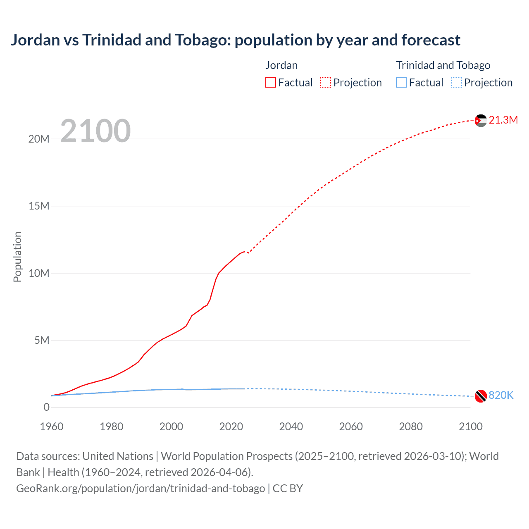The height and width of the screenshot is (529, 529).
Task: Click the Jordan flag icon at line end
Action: [x=481, y=121]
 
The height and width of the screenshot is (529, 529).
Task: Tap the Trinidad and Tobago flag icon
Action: [x=481, y=396]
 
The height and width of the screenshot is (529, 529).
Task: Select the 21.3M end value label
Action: [x=503, y=120]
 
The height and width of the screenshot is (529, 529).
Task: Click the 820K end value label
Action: [x=501, y=395]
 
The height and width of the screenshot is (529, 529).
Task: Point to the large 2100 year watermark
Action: [x=95, y=131]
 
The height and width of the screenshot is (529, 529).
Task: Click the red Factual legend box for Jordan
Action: [x=271, y=83]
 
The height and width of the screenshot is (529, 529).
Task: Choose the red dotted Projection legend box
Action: [x=326, y=83]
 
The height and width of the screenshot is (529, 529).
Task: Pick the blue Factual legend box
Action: [x=401, y=83]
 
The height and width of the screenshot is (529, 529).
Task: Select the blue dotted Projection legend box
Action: [x=457, y=83]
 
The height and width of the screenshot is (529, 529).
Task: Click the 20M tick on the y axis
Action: [x=39, y=139]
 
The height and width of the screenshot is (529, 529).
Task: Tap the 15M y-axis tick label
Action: [x=39, y=206]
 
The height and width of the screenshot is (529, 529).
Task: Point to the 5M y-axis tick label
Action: [x=42, y=340]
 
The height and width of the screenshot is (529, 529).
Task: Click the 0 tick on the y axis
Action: [x=47, y=407]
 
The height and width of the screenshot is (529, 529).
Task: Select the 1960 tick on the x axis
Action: [x=52, y=427]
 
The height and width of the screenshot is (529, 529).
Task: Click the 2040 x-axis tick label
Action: [x=291, y=427]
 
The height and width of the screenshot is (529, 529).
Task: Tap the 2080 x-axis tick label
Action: [x=411, y=427]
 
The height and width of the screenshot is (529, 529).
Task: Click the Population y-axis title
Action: [x=17, y=257]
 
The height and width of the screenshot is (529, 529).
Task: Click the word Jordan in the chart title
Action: [x=36, y=40]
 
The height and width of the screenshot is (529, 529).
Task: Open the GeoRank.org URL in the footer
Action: [x=141, y=488]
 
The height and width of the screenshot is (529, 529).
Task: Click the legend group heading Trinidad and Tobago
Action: [x=443, y=65]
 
